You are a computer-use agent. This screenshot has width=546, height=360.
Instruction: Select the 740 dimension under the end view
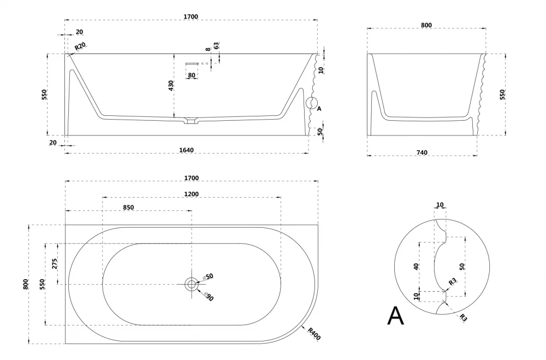422,152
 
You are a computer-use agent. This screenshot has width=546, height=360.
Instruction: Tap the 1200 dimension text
191,194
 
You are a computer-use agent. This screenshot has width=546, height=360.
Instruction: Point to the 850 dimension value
128,207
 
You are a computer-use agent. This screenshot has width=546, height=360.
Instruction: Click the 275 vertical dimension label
55,264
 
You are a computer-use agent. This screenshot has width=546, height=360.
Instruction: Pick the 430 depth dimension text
171,86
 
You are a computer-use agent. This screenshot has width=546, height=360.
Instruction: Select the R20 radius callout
80,46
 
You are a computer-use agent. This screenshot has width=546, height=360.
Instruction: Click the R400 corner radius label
314,333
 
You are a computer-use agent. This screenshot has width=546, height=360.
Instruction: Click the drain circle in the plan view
191,284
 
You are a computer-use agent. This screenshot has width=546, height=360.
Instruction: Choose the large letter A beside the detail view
396,316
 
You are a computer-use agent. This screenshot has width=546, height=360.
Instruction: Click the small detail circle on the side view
312,102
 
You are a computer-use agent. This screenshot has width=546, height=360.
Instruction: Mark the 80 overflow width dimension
191,75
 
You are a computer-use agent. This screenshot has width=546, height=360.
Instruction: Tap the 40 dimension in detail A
416,267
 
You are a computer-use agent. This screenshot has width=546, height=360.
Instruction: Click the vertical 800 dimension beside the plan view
26,284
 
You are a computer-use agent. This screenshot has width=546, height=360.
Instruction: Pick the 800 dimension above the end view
426,25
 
